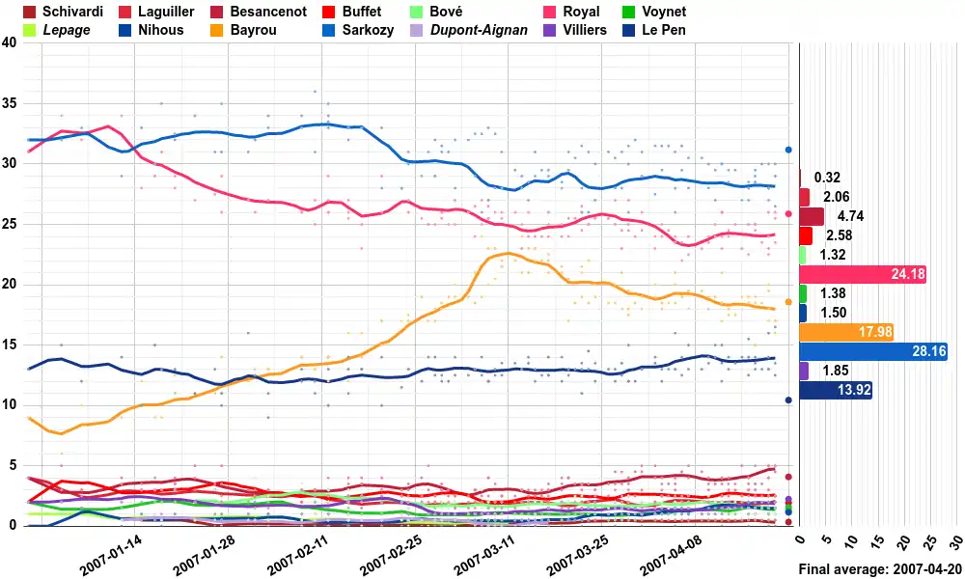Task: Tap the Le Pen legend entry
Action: [x=662, y=30]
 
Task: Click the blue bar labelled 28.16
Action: [x=872, y=351]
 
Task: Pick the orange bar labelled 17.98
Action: [x=846, y=332]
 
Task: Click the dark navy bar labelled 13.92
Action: [x=836, y=390]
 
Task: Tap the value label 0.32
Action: [x=827, y=178]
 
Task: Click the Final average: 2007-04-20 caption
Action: [x=879, y=570]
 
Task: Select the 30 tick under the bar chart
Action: [x=956, y=540]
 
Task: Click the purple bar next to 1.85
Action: [x=805, y=371]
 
